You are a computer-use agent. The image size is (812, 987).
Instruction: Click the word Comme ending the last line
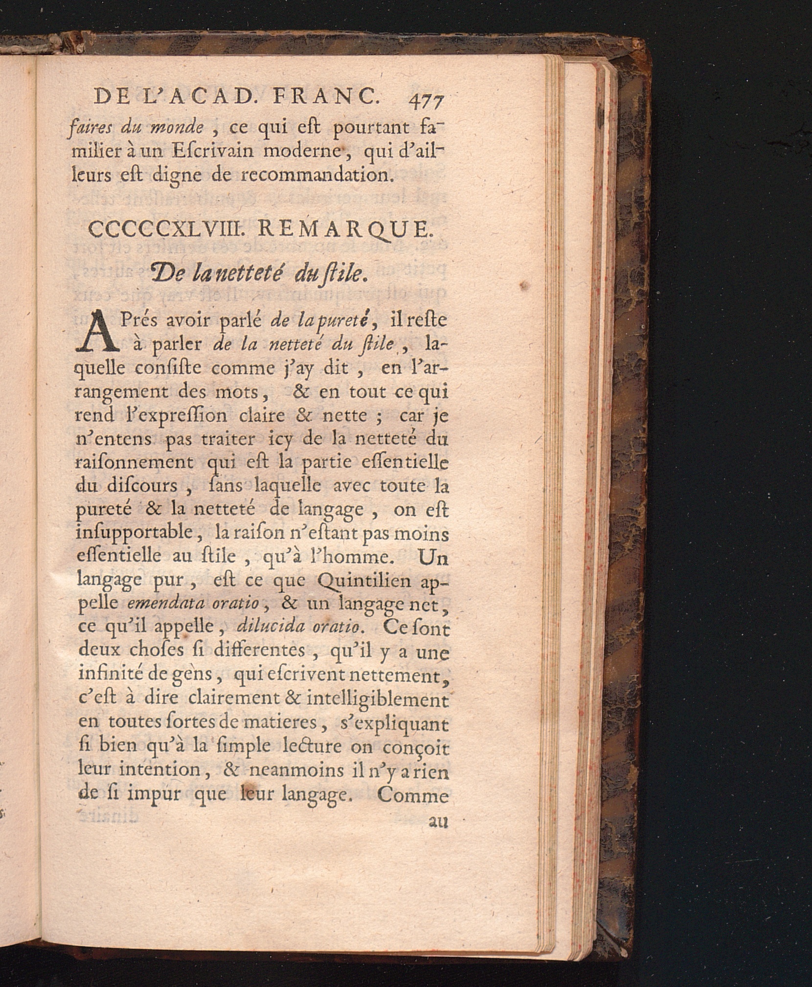(x=413, y=795)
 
